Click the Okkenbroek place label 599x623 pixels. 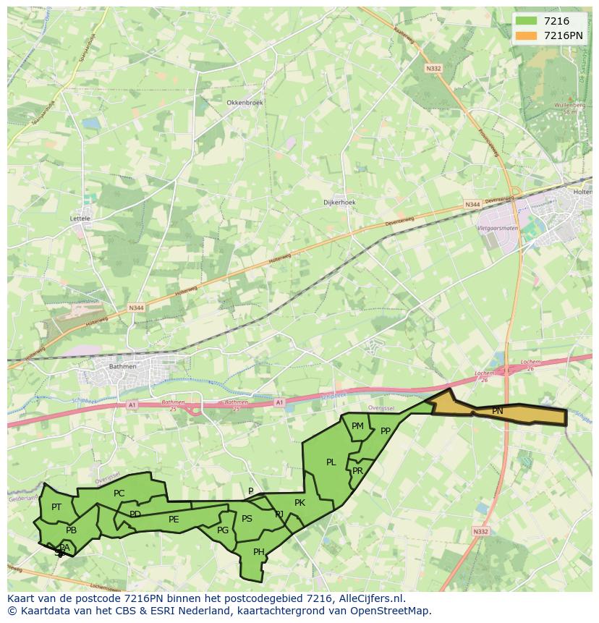pyautogui.click(x=245, y=103)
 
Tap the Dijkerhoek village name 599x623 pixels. pyautogui.click(x=339, y=203)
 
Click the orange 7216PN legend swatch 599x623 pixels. pyautogui.click(x=527, y=35)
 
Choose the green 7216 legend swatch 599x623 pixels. pyautogui.click(x=527, y=21)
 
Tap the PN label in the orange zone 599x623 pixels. pyautogui.click(x=498, y=411)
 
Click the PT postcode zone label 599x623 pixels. pyautogui.click(x=56, y=507)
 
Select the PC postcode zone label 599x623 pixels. pyautogui.click(x=119, y=493)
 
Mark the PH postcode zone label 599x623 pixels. pyautogui.click(x=259, y=552)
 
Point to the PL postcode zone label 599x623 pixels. pyautogui.click(x=331, y=462)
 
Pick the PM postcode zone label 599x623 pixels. pyautogui.click(x=357, y=426)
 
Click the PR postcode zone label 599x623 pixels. pyautogui.click(x=357, y=470)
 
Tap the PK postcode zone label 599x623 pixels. pyautogui.click(x=299, y=503)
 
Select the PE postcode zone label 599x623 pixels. pyautogui.click(x=174, y=520)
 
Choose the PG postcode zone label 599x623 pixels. pyautogui.click(x=223, y=530)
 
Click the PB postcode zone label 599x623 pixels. pyautogui.click(x=71, y=530)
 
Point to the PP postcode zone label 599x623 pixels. pyautogui.click(x=386, y=431)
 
